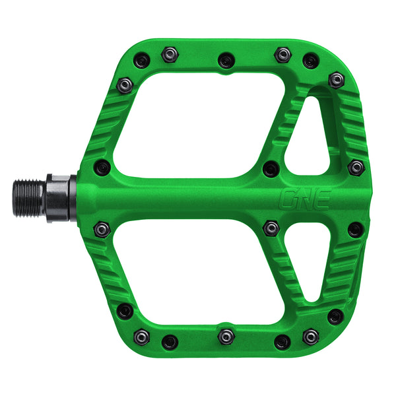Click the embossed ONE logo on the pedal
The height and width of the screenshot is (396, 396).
tap(304, 198)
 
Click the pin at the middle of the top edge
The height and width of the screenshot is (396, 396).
tap(226, 59)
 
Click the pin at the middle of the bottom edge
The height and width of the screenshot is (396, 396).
tap(226, 336)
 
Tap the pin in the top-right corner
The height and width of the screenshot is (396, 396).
tap(337, 80)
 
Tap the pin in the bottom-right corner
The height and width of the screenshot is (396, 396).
tap(335, 317)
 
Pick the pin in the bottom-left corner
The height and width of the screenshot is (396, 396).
tap(124, 311)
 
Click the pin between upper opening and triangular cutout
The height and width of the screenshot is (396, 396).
tap(270, 168)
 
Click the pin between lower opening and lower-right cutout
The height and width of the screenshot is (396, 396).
tap(271, 228)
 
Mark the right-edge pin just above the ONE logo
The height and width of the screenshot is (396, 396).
tap(356, 167)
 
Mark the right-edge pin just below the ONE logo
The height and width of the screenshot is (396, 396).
tap(356, 230)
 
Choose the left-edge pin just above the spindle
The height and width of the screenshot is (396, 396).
tap(102, 166)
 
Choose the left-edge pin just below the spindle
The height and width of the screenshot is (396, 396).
tap(102, 229)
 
